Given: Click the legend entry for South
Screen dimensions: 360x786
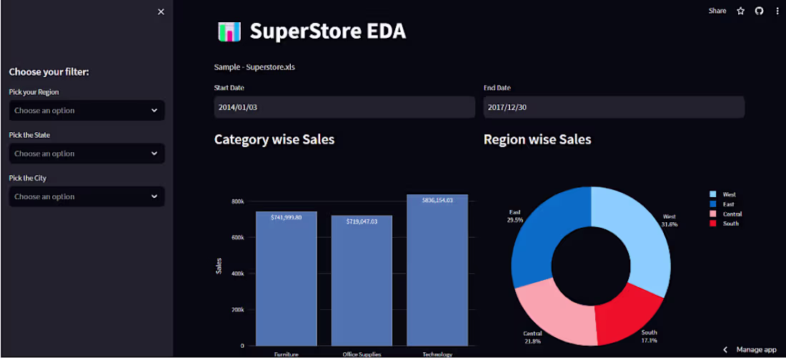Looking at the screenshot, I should click(x=730, y=224).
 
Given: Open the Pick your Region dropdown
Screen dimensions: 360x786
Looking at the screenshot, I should click(x=86, y=111).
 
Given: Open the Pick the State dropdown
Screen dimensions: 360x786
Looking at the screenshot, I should click(x=86, y=154).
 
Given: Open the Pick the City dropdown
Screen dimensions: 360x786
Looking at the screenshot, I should click(x=86, y=196).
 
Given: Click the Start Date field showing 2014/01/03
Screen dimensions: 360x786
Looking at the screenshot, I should click(x=344, y=107).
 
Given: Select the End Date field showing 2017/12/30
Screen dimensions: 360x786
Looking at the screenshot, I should click(x=614, y=107).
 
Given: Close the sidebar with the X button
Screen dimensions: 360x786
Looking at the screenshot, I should click(x=161, y=11).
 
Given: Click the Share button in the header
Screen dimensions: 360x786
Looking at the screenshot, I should click(x=717, y=11).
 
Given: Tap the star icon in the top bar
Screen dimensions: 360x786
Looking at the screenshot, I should click(x=741, y=11).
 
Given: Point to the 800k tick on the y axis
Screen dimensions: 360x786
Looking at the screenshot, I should click(x=237, y=201).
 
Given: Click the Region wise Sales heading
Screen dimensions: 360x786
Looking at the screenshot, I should click(x=537, y=139).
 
